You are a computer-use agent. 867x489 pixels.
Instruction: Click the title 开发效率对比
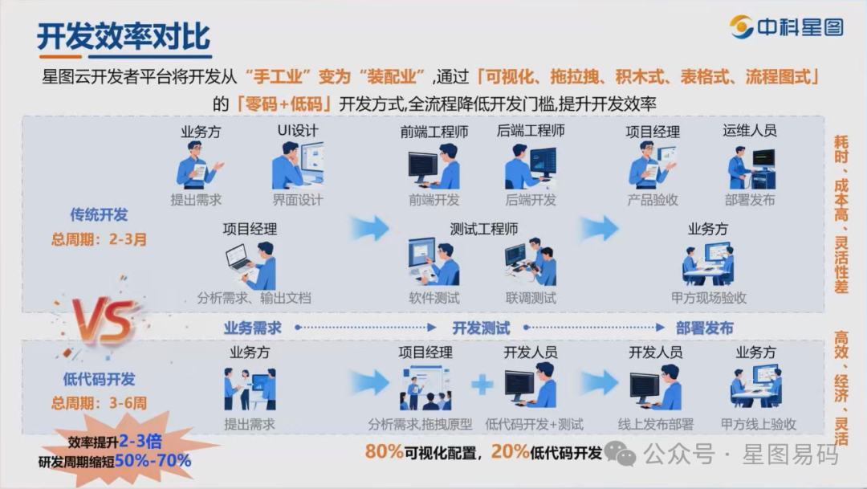[x=124, y=37]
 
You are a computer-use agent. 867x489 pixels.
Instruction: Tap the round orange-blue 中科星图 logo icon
[x=741, y=27]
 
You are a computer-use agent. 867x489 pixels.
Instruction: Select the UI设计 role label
[x=296, y=131]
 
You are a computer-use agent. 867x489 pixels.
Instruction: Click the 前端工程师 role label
[x=433, y=131]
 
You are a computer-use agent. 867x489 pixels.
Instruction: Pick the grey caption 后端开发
[x=531, y=200]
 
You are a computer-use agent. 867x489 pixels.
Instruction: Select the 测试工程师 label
[x=484, y=230]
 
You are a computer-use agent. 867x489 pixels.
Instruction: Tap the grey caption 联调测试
[x=531, y=298]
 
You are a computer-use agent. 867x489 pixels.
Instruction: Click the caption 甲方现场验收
[x=709, y=298]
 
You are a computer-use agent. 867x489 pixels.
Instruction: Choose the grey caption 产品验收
[x=653, y=200]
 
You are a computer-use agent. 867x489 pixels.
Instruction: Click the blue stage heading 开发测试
[x=481, y=328]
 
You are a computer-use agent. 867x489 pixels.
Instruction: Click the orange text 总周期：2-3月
[x=100, y=238]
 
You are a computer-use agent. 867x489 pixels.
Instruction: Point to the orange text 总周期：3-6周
[x=100, y=403]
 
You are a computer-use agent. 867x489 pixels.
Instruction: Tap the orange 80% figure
[x=384, y=452]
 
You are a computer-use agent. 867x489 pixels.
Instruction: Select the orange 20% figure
[x=510, y=452]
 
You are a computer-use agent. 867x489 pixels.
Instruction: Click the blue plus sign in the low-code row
[x=482, y=385]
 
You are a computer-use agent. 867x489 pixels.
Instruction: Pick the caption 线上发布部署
[x=655, y=425]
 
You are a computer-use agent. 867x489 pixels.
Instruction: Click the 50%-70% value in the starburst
[x=153, y=461]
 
